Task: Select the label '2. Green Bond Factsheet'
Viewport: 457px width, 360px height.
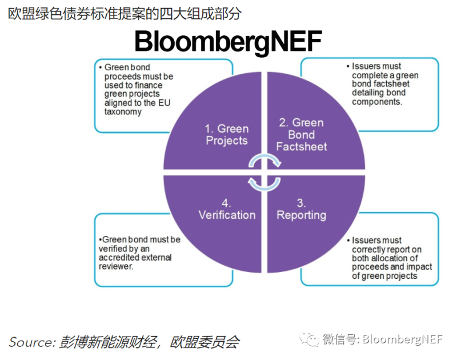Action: tap(301, 134)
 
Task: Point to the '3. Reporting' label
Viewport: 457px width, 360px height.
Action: tap(301, 209)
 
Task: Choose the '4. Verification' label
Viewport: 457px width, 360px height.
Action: tap(227, 209)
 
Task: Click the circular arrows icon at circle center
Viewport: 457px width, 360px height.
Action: tap(264, 172)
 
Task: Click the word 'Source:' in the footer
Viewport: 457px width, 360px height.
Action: tap(31, 342)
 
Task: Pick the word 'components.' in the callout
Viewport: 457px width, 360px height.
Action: tap(377, 102)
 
